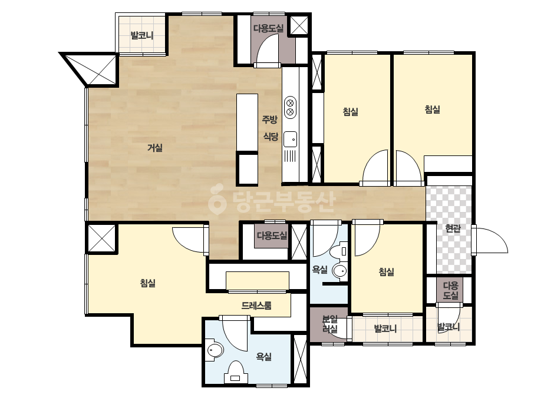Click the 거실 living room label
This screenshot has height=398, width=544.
pos(155,148)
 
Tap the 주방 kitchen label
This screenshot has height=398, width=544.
pos(269,120)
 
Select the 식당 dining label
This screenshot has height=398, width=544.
pos(271,137)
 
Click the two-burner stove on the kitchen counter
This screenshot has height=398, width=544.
pos(290,108)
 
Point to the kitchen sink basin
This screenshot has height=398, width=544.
pos(290,140)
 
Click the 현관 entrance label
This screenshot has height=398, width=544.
pos(453,228)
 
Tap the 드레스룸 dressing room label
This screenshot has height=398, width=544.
pos(256,306)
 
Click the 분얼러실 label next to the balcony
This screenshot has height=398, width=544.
pos(329,324)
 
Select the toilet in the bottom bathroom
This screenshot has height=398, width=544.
pos(236,372)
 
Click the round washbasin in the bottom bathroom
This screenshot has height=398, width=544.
pos(216,350)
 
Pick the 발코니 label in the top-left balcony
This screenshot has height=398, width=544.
pos(142,35)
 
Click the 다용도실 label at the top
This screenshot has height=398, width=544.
pos(269,28)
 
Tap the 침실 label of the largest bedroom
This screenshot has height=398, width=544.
pos(148,283)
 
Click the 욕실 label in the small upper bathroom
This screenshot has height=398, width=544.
pos(319,270)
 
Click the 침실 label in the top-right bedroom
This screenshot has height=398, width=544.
pos(432,110)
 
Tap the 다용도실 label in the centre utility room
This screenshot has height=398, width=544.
pos(272,236)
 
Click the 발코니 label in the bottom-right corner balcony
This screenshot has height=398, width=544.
pos(449,327)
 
